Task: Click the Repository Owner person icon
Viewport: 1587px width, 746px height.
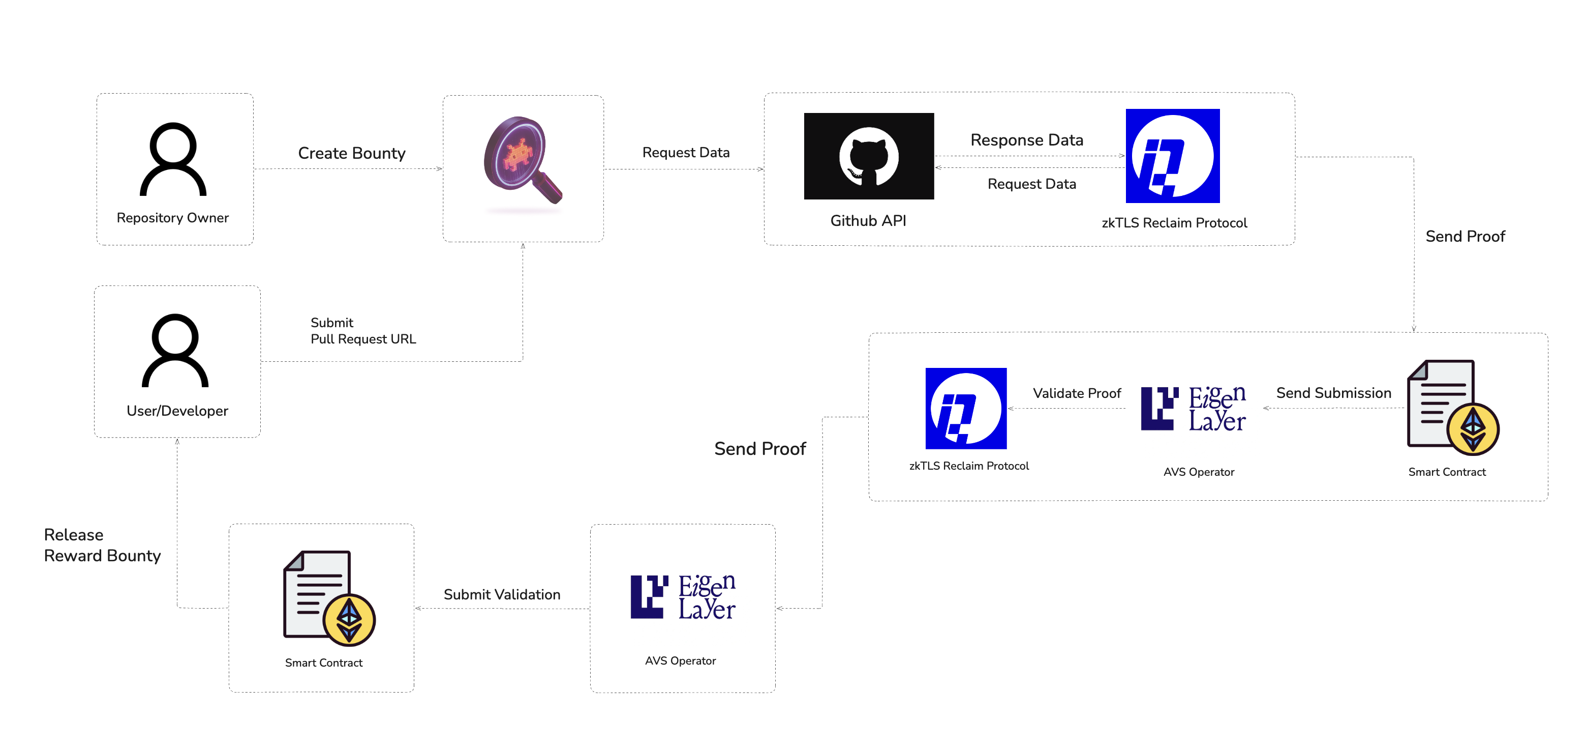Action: (173, 159)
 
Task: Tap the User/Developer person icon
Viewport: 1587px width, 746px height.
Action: (175, 350)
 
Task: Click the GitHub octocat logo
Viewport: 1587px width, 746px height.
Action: (869, 156)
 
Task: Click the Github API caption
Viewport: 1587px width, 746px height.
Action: (868, 221)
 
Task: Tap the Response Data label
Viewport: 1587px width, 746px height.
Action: (1026, 140)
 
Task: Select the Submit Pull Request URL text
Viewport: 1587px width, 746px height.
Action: (363, 331)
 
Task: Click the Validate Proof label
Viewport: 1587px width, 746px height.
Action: (1076, 393)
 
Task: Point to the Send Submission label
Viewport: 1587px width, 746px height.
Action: (1333, 393)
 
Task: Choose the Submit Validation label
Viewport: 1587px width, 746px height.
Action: (502, 594)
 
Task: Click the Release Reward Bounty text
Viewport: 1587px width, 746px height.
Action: (102, 545)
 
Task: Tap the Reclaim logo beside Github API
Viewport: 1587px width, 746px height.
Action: (1172, 156)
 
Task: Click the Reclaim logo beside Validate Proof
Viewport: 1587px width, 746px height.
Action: (965, 408)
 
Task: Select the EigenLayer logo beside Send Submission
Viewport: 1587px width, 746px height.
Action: (1194, 408)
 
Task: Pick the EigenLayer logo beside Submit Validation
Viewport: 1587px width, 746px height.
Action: (683, 597)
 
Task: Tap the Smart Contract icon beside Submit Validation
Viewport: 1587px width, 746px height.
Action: (329, 597)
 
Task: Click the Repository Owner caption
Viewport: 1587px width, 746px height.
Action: (172, 218)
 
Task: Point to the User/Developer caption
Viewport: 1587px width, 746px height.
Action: (177, 411)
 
